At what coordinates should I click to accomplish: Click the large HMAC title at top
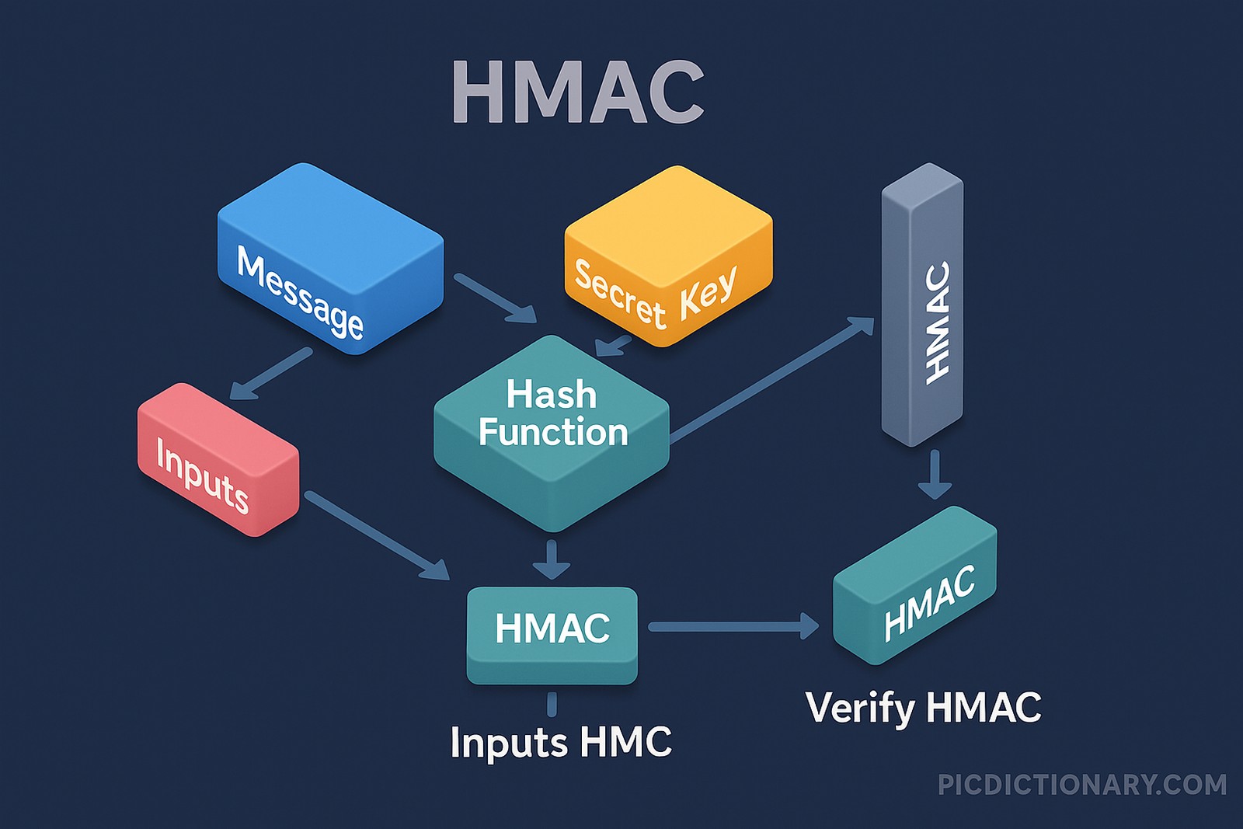click(x=577, y=92)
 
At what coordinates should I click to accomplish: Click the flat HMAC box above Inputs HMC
click(x=552, y=633)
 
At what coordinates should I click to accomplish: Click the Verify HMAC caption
click(x=923, y=708)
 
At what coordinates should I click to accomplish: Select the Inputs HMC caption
click(x=561, y=742)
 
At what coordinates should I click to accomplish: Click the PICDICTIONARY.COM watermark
click(x=1081, y=785)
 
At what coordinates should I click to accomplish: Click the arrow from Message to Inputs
click(x=272, y=373)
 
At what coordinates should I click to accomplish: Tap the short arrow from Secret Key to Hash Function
click(x=614, y=346)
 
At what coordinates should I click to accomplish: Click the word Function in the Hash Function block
click(x=552, y=432)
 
